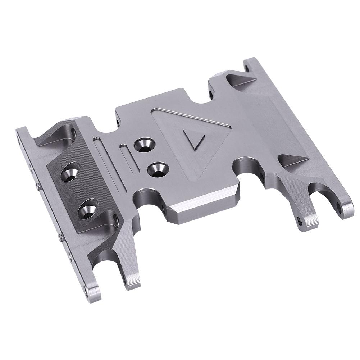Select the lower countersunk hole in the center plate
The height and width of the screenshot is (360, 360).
(158, 169)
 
